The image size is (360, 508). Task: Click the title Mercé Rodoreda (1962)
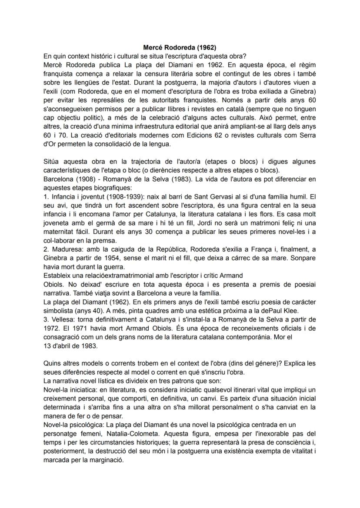180,47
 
